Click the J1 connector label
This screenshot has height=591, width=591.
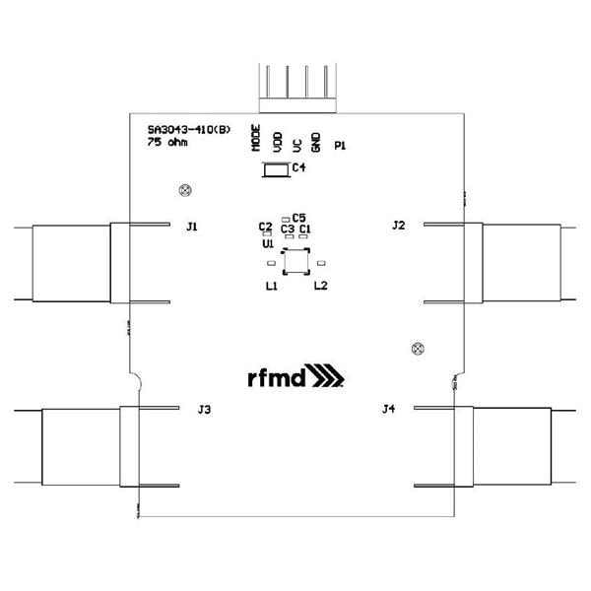coord(192,227)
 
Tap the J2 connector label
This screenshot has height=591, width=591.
coord(398,226)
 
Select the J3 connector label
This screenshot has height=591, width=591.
coord(204,409)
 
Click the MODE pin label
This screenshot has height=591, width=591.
coord(256,138)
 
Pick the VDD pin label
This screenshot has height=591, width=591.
coord(276,140)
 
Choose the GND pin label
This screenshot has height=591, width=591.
coord(315,140)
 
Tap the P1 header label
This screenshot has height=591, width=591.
coord(340,146)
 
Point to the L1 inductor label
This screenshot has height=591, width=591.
coord(271,286)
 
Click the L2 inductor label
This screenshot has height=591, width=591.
coord(320,286)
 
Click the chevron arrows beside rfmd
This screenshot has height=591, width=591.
coord(328,377)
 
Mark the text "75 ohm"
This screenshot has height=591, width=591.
coord(166,143)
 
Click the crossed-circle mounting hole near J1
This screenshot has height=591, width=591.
coord(182,189)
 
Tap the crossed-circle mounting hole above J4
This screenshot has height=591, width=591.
coord(417,348)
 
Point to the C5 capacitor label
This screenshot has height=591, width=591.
coord(299,217)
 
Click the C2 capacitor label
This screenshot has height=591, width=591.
coord(265,227)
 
